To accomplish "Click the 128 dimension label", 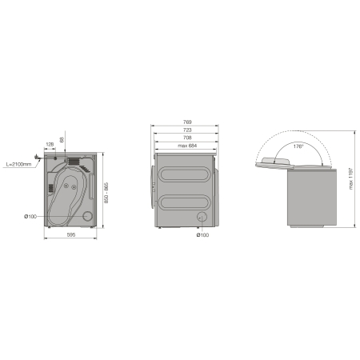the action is click(50, 144).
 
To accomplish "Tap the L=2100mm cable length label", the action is click(18, 164).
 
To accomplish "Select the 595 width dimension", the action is click(71, 234).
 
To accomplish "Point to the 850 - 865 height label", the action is click(106, 193).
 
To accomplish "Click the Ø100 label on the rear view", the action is click(30, 217).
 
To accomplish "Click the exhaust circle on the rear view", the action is click(87, 216).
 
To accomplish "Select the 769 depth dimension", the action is click(187, 122).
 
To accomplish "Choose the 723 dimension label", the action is click(187, 130).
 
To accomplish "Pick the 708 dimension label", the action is click(187, 138).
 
